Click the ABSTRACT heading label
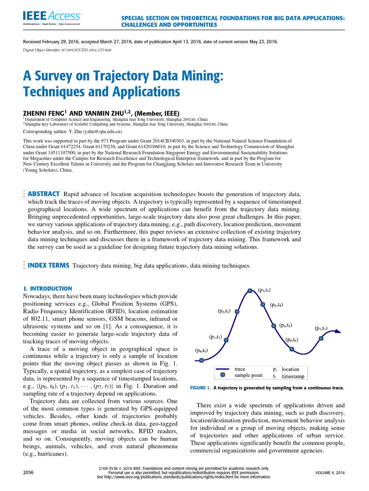[x=43, y=194]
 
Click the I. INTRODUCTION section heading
[x=48, y=289]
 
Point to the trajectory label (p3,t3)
[x=264, y=290]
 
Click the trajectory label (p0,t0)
[x=201, y=350]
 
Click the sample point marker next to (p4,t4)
[x=263, y=304]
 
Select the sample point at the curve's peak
[x=250, y=290]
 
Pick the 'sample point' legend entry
[x=248, y=375]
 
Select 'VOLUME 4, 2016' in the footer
[x=330, y=473]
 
